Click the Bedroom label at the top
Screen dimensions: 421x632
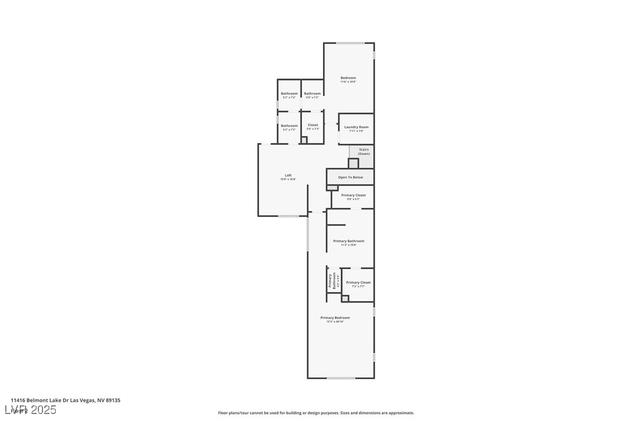348,78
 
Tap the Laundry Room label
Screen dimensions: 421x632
356,127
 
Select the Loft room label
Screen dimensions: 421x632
288,175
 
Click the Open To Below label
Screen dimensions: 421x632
350,177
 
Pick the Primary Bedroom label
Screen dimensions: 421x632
335,317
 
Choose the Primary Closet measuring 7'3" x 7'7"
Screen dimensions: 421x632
358,283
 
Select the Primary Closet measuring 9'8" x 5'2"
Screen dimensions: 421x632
353,195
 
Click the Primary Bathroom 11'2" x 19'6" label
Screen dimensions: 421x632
349,241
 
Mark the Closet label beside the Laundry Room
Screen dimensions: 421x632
313,125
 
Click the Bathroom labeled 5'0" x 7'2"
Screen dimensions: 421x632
313,94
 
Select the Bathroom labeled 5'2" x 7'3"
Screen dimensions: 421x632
289,126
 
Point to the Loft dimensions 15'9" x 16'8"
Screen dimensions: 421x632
288,180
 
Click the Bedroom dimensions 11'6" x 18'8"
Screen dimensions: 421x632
348,82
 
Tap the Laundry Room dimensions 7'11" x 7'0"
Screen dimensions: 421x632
356,131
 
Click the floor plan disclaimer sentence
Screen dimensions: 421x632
316,413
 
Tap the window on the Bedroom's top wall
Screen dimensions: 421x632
350,43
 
